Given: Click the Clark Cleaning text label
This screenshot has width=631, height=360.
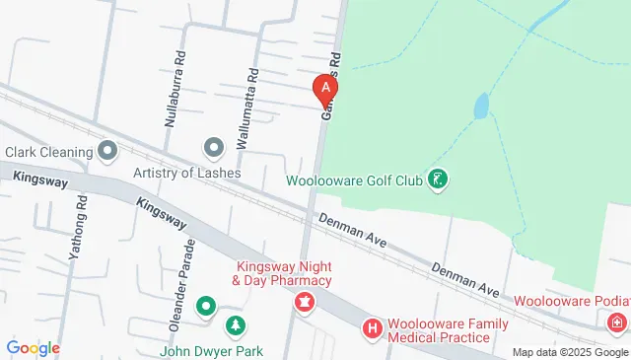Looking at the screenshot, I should [47, 152].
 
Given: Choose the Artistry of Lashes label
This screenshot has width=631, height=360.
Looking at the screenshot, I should [187, 172].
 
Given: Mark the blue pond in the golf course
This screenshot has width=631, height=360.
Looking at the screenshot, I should [480, 106].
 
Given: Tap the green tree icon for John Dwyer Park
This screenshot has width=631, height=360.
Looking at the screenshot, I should [236, 324].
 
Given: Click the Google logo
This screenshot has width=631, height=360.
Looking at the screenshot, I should [34, 347].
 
